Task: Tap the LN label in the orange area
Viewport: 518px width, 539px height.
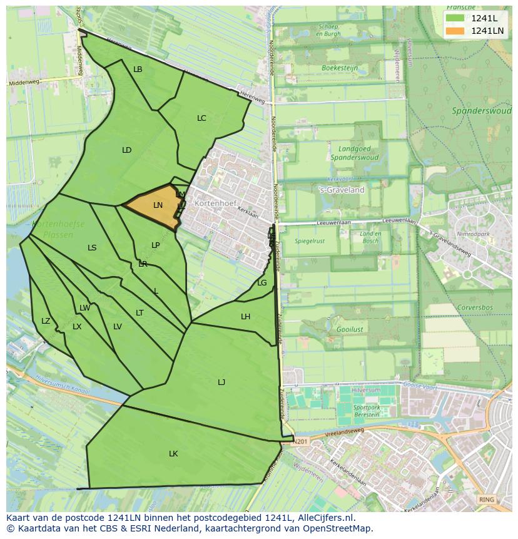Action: pos(158,205)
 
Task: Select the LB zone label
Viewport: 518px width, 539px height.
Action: pos(138,69)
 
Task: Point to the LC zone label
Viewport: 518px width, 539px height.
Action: pos(201,118)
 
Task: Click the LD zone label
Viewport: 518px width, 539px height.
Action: pos(127,150)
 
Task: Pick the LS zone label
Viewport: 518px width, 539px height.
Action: pos(92,248)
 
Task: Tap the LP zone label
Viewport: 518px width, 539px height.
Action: pos(156,245)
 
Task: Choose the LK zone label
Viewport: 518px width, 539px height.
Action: pos(173,454)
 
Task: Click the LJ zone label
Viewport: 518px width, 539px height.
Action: pos(221,382)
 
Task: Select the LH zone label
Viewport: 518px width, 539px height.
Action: pos(245,317)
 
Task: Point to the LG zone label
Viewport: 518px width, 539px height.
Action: pos(262,283)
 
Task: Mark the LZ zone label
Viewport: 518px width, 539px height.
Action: pos(46,321)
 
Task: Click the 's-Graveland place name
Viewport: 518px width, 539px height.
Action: pos(342,190)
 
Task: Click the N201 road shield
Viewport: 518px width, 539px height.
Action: pos(301,441)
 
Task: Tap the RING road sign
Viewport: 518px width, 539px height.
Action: pos(485,500)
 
